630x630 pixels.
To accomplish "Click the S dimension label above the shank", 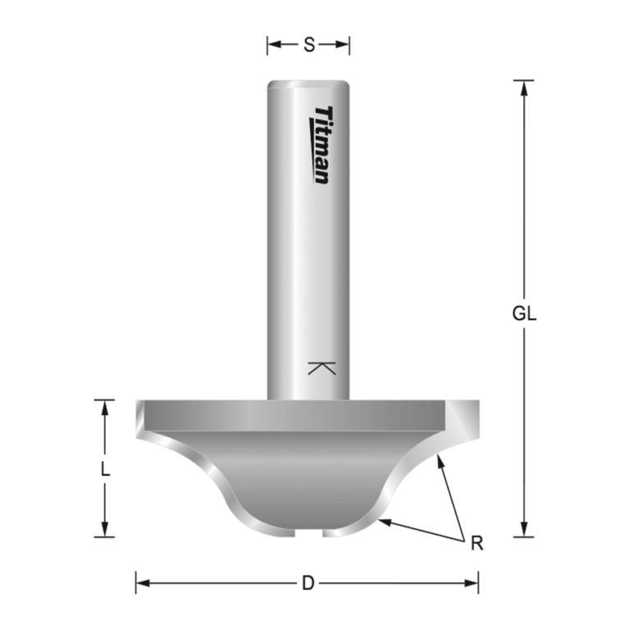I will [308, 45].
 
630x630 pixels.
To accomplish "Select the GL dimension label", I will [524, 313].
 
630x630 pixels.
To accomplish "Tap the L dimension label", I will [104, 470].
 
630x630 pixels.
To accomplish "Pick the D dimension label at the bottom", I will [308, 583].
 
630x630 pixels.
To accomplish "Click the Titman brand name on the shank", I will [322, 144].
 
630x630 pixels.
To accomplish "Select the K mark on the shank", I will [322, 367].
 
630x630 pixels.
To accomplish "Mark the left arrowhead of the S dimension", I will [272, 45].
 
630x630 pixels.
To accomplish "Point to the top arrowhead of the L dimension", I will [104, 405].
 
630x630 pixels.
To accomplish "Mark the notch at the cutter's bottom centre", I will [308, 533].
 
